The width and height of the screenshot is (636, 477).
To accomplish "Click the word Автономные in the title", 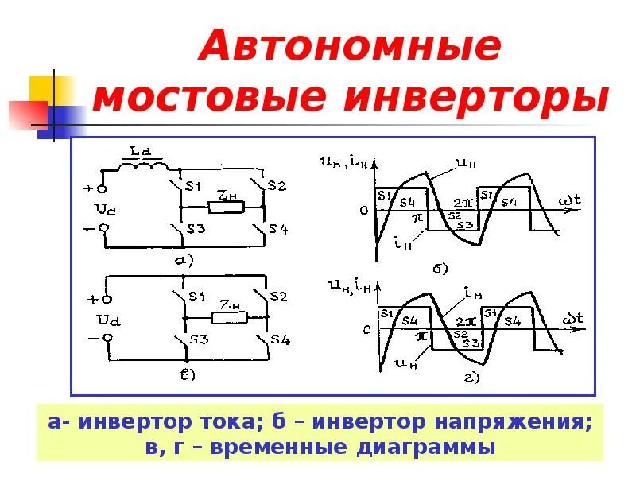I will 350,48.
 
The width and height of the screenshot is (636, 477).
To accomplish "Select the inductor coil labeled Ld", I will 145,166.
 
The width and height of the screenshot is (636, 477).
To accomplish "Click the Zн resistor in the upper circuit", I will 226,207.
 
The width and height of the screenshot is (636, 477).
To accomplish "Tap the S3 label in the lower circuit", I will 198,339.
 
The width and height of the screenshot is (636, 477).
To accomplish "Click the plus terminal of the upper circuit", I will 103,188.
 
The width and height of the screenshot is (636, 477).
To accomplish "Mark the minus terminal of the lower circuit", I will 103,337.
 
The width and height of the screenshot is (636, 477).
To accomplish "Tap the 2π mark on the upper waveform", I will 463,202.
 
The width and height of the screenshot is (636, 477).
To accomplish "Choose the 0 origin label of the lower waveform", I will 365,328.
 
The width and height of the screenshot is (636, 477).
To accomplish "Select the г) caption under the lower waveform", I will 471,378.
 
